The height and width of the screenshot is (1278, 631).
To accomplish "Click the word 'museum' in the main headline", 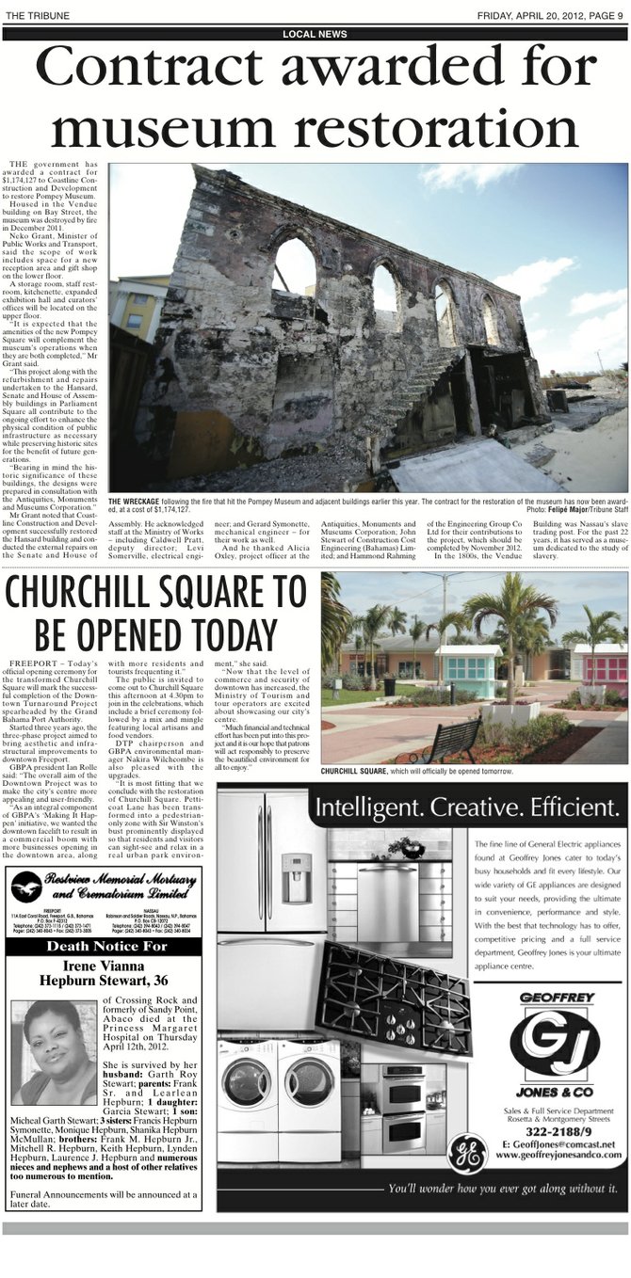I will (174, 128).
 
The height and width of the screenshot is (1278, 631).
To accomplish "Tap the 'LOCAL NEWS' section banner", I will (315, 34).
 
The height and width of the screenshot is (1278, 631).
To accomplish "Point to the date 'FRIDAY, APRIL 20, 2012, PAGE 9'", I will (549, 15).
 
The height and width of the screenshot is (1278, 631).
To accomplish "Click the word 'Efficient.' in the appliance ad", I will (570, 807).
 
